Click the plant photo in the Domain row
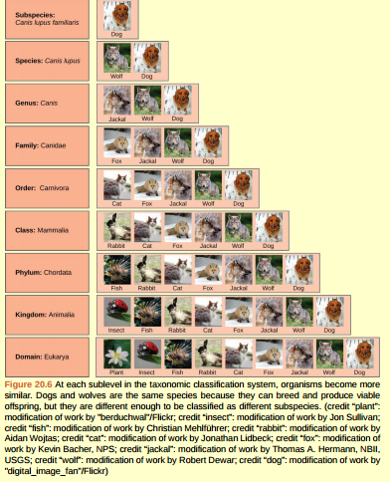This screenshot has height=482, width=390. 116,353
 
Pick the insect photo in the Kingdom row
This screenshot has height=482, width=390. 116,310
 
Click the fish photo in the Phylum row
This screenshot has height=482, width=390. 116,268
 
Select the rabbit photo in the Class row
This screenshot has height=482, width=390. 116,226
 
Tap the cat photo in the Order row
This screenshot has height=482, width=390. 116,183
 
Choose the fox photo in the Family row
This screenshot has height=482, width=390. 116,141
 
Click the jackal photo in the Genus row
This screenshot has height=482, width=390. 116,100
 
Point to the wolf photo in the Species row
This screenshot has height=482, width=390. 116,58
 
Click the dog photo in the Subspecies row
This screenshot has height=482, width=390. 116,17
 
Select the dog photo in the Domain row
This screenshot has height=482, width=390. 359,353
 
